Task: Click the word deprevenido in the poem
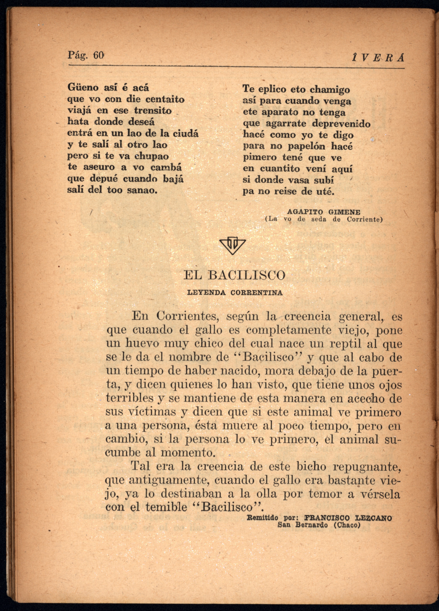[x=341, y=124]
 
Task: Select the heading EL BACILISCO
[x=234, y=275]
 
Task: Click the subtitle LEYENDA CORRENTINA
[x=235, y=293]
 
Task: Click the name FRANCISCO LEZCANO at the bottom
[x=347, y=518]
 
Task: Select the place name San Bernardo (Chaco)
[x=319, y=525]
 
